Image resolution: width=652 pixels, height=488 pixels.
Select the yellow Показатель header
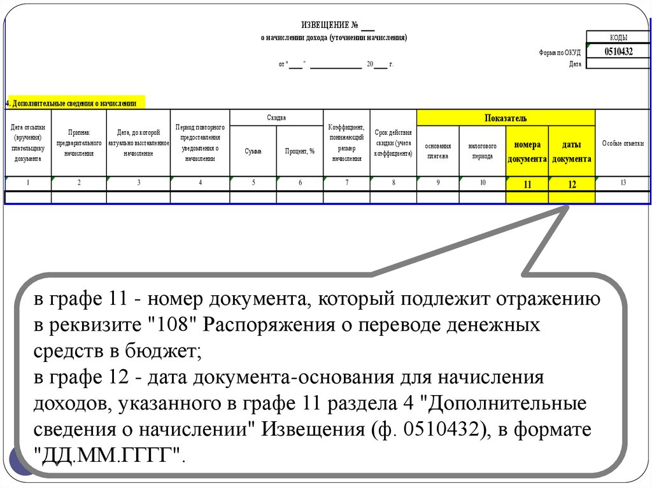pyautogui.click(x=506, y=118)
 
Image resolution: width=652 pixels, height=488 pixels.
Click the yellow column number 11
pyautogui.click(x=527, y=184)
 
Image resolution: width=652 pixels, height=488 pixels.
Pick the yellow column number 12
pyautogui.click(x=572, y=184)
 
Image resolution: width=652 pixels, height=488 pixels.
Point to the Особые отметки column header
pyautogui.click(x=623, y=144)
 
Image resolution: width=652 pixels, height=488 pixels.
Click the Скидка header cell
pyautogui.click(x=276, y=118)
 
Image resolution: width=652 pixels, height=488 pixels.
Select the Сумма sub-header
pyautogui.click(x=253, y=151)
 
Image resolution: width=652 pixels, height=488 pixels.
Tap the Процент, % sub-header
pyautogui.click(x=300, y=151)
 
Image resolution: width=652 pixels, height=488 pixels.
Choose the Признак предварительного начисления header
pyautogui.click(x=79, y=144)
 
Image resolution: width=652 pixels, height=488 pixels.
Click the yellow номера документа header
pyautogui.click(x=527, y=151)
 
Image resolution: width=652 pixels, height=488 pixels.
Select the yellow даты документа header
pyautogui.click(x=572, y=151)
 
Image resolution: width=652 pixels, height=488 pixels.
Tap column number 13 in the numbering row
pyautogui.click(x=623, y=183)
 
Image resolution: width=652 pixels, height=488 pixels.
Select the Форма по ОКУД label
pyautogui.click(x=560, y=53)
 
